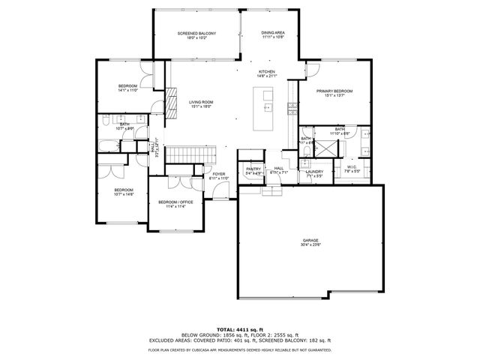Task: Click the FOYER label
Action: point(219,176)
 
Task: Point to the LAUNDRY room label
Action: point(314,173)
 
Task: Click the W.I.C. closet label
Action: point(351,169)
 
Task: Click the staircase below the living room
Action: point(179,154)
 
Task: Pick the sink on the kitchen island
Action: point(266,107)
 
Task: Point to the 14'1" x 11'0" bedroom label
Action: point(127,88)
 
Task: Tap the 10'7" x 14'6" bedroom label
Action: point(123,192)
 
